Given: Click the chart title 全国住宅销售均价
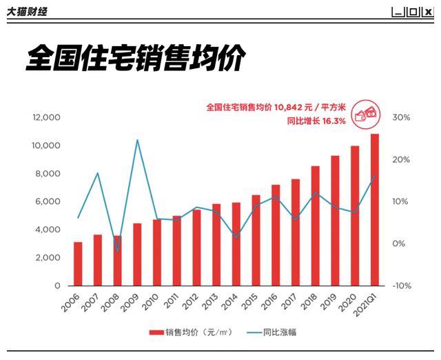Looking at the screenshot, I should tap(135, 59).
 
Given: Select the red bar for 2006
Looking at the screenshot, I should tap(78, 263).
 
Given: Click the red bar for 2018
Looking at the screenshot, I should tap(316, 226).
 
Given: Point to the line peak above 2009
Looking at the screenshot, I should tap(137, 140).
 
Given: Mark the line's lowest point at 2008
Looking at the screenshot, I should tap(117, 251).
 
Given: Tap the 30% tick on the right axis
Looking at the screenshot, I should tap(401, 118).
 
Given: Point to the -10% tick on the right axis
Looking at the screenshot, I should tap(401, 286).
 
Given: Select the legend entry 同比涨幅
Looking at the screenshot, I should tap(271, 332).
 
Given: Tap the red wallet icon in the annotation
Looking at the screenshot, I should tap(364, 113).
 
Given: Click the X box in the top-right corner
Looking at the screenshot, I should tap(428, 12).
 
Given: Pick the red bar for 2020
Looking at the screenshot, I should tap(355, 215).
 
